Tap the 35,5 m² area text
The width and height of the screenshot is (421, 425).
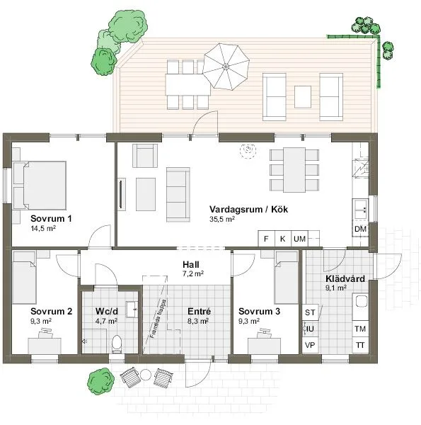click(x=221, y=220)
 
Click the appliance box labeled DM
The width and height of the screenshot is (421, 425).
click(x=360, y=230)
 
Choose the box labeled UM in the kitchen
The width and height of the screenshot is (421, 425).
click(x=299, y=239)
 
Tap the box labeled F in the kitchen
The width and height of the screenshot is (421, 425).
click(x=266, y=239)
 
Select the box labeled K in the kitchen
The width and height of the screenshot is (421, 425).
click(x=282, y=239)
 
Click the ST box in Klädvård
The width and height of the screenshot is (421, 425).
click(x=309, y=312)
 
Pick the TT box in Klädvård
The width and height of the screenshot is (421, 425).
click(x=360, y=345)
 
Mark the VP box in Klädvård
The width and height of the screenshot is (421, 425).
click(x=309, y=345)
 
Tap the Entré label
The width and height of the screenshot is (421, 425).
click(x=199, y=311)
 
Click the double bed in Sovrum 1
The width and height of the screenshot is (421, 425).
click(x=40, y=183)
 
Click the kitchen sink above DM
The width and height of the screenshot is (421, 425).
click(x=360, y=208)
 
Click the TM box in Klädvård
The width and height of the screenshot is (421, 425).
click(x=360, y=329)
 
